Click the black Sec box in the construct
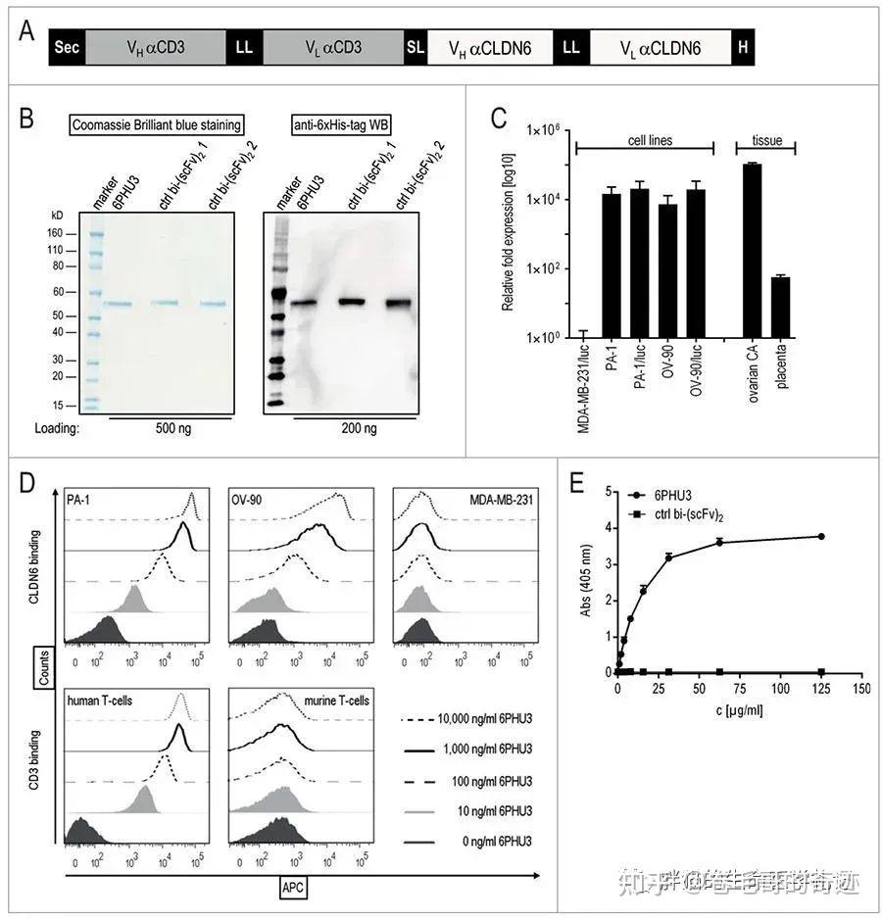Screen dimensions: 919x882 click(68, 47)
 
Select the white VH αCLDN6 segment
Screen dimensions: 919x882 click(489, 47)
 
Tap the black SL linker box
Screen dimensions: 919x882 click(416, 47)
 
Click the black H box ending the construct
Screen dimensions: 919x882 click(744, 47)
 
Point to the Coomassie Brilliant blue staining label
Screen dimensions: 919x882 click(157, 124)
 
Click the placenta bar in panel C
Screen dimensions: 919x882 click(780, 307)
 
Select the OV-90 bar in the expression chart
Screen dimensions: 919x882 click(668, 270)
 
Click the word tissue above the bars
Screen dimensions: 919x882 click(765, 140)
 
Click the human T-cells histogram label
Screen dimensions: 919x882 click(103, 700)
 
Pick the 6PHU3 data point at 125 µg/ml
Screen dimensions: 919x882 click(821, 536)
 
